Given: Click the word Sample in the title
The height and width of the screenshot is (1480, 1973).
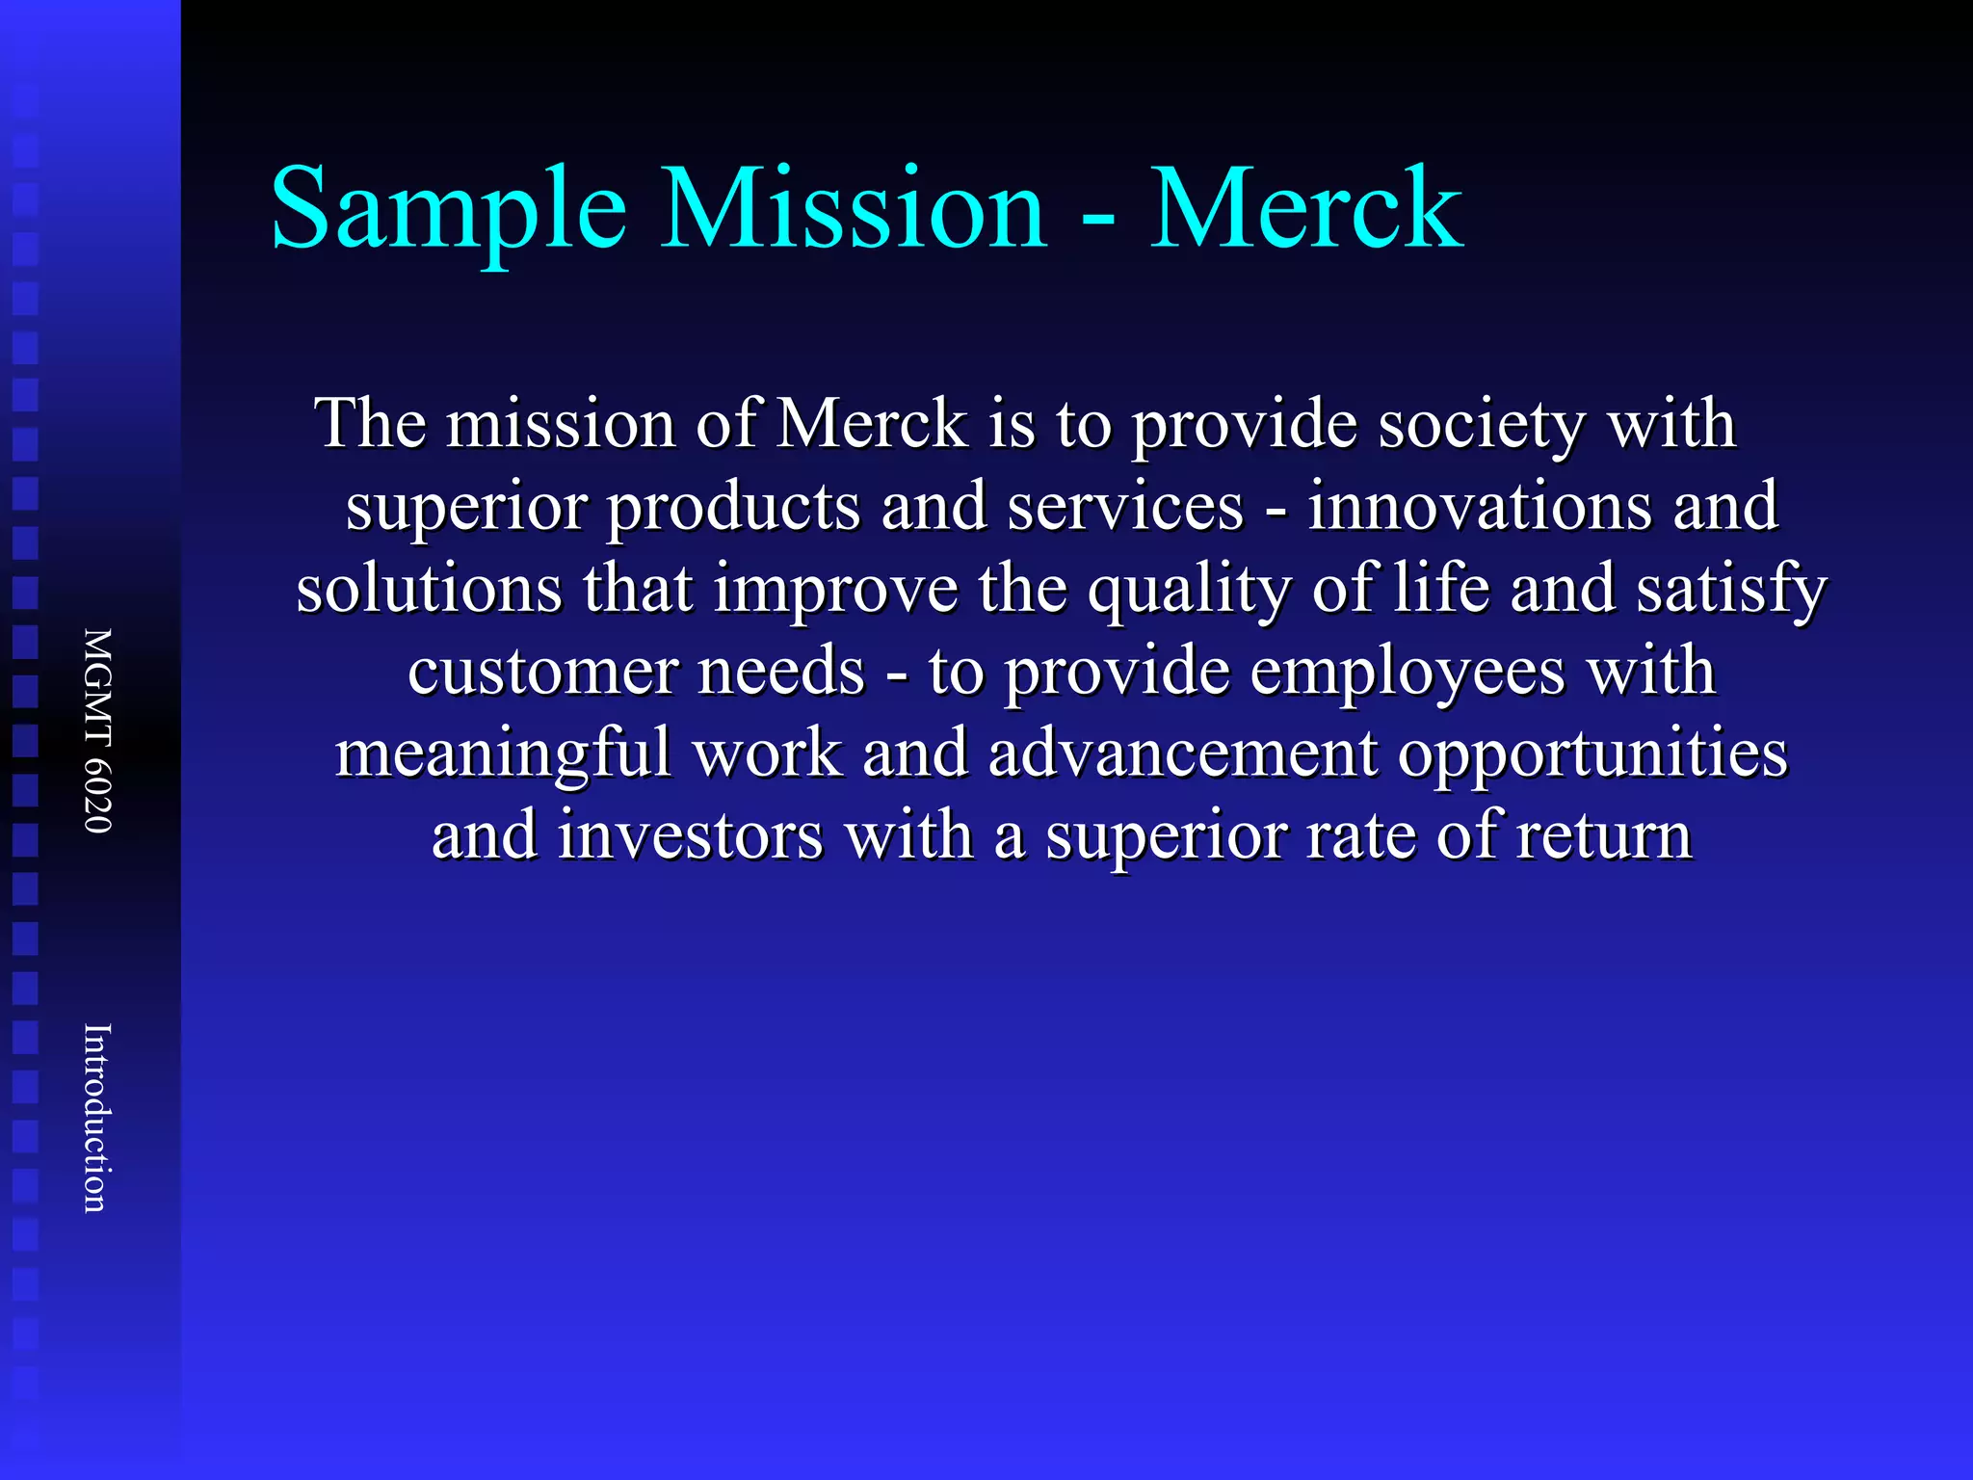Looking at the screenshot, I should pyautogui.click(x=449, y=210).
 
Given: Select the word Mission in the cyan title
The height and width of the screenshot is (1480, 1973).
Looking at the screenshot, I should pyautogui.click(x=854, y=210).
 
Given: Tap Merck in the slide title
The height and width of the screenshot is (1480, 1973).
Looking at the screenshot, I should pyautogui.click(x=1306, y=210).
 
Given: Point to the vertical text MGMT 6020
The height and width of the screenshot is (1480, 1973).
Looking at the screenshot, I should pyautogui.click(x=98, y=730).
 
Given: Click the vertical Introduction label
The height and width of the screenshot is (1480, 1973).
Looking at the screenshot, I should pyautogui.click(x=98, y=1118).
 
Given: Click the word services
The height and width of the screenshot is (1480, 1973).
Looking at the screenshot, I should pyautogui.click(x=1125, y=507).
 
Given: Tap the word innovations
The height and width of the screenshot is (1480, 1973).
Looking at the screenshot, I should pyautogui.click(x=1480, y=507).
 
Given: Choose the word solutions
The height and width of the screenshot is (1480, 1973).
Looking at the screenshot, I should pyautogui.click(x=430, y=589).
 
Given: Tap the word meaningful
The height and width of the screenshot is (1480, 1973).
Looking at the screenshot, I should pyautogui.click(x=503, y=753).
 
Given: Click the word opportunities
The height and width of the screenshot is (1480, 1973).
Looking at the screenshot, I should pyautogui.click(x=1592, y=753).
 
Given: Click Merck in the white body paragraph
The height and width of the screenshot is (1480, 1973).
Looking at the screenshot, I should pyautogui.click(x=872, y=424).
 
